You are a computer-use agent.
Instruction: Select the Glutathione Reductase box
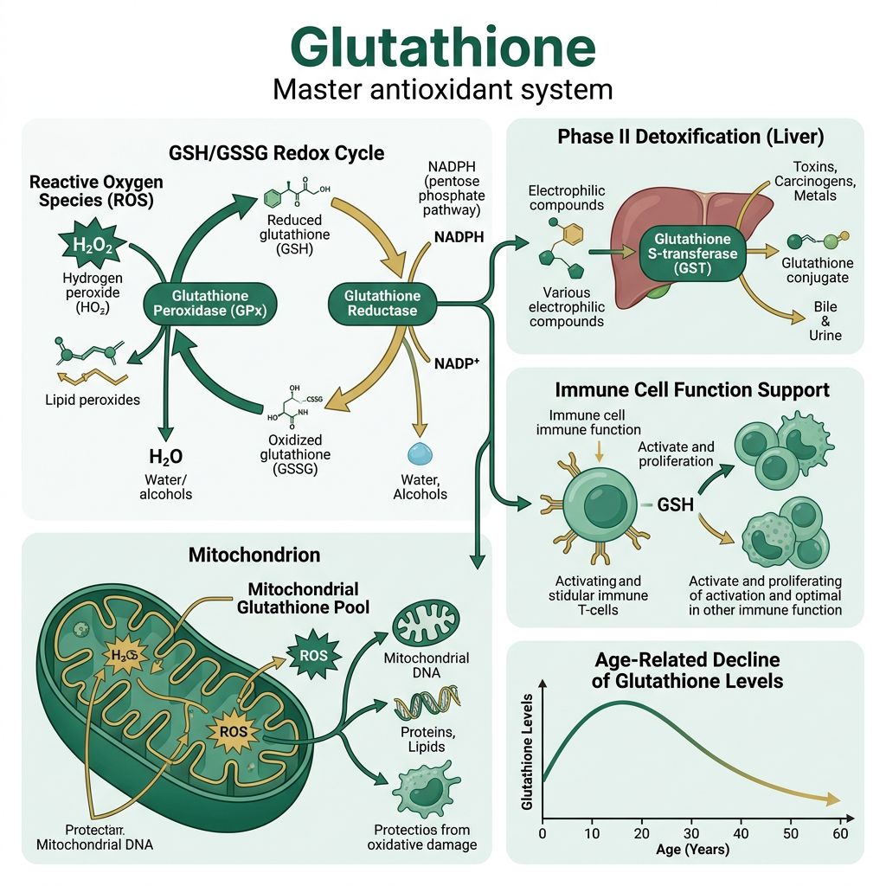[382, 303]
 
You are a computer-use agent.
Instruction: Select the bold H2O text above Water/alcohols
[164, 458]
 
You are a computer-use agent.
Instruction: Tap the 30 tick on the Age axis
[690, 832]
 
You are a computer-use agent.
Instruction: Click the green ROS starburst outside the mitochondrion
[312, 656]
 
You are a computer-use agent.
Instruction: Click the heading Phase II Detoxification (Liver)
[690, 137]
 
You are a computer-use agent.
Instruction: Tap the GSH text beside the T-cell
[676, 504]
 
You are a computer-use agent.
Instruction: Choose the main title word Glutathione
[442, 45]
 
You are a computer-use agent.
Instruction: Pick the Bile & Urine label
[825, 321]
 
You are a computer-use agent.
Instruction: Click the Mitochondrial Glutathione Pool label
[303, 598]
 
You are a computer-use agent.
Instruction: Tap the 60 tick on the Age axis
[838, 832]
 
